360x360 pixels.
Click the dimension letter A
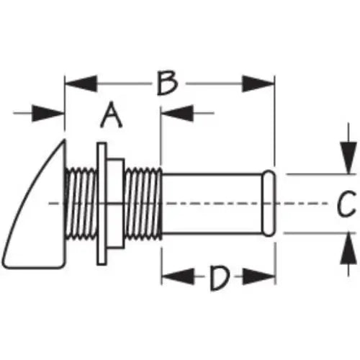[111, 115]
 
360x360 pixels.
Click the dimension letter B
[168, 83]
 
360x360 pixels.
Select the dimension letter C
[346, 204]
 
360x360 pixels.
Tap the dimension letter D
[219, 278]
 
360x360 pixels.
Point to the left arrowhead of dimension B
[81, 84]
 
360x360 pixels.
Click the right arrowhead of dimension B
[258, 84]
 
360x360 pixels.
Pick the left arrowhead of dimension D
[178, 276]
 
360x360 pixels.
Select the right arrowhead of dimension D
[259, 276]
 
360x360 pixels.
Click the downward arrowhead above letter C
[348, 158]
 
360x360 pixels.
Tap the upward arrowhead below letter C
[348, 248]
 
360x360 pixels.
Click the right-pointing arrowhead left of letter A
[48, 113]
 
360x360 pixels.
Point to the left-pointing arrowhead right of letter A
[177, 113]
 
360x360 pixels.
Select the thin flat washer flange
[102, 204]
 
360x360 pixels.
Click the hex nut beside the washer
[115, 204]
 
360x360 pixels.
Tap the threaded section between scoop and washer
[81, 204]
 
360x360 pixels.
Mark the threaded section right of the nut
[143, 204]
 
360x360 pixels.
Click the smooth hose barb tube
[212, 204]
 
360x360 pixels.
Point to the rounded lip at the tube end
[269, 204]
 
